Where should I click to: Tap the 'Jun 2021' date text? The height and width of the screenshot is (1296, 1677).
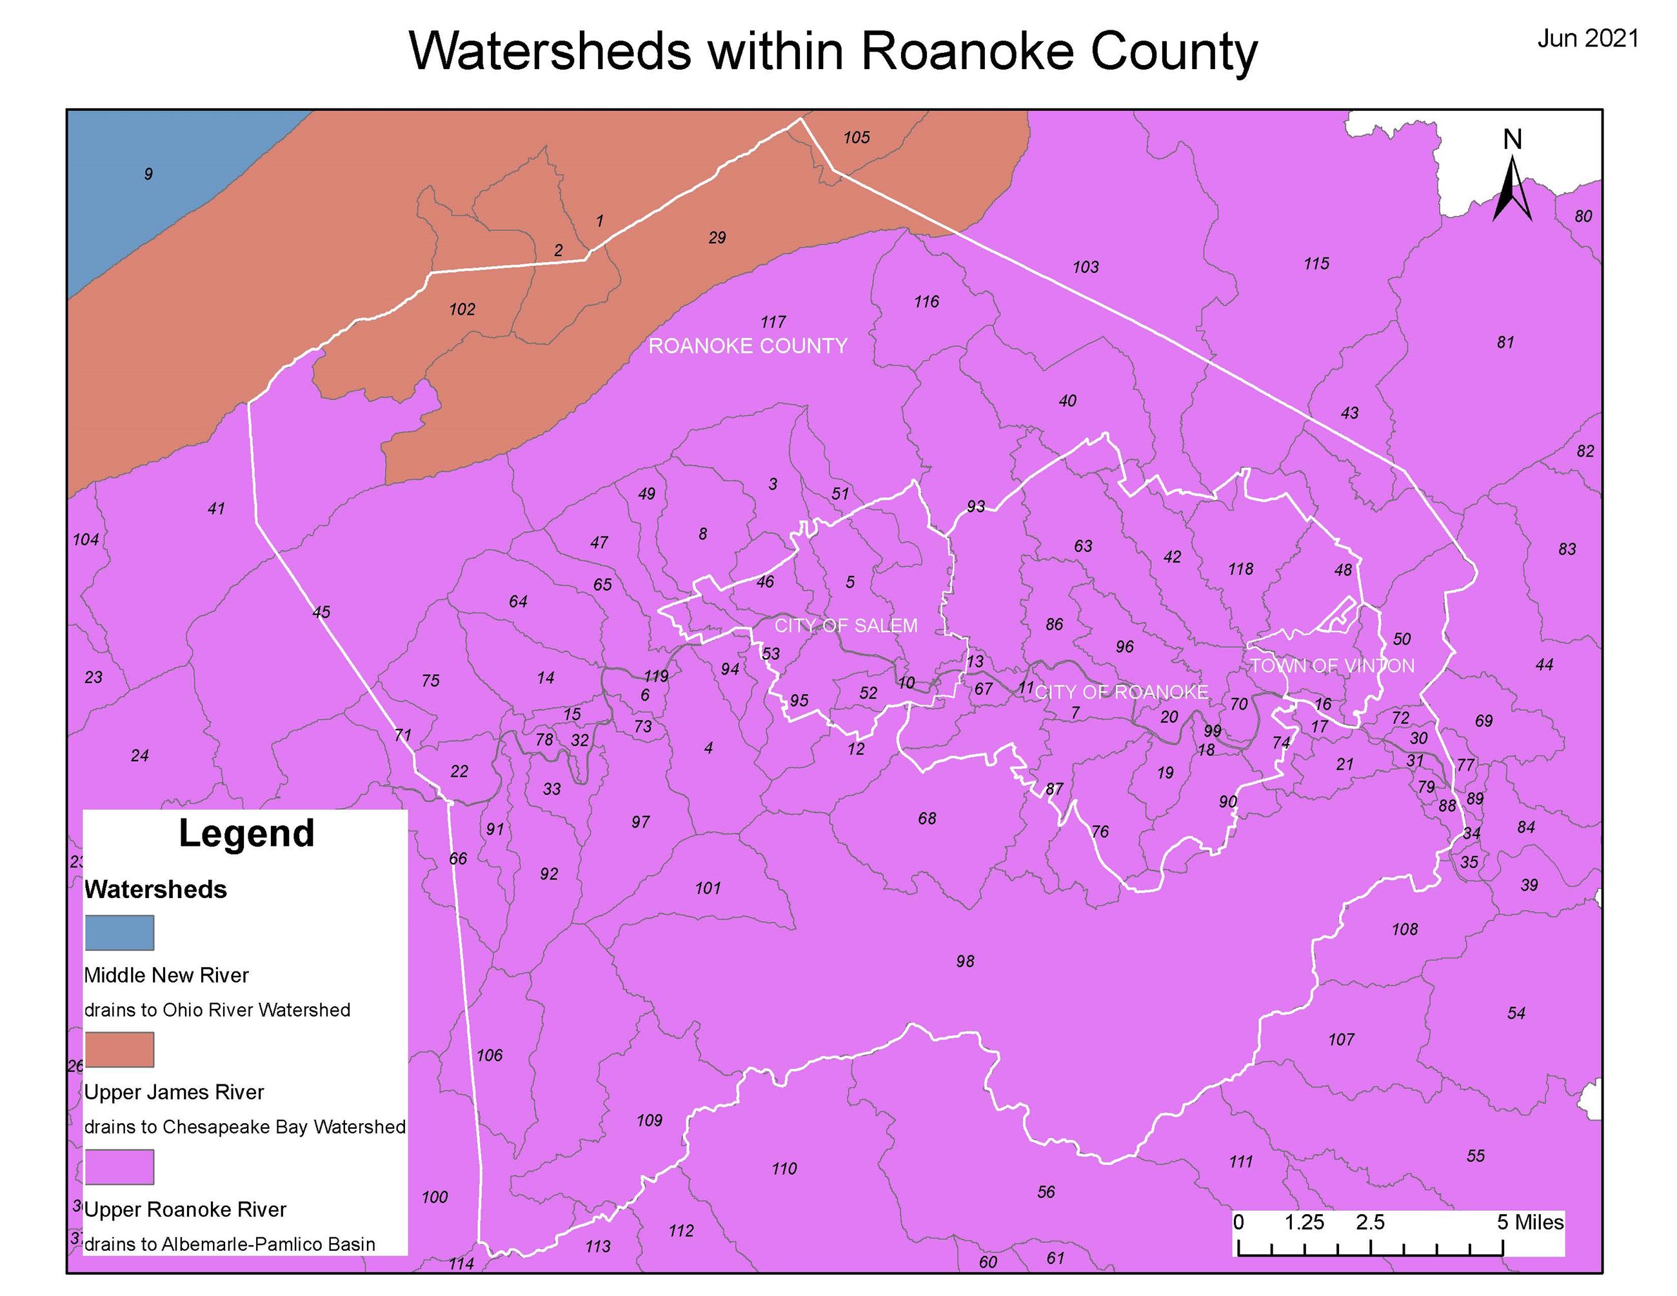coord(1588,39)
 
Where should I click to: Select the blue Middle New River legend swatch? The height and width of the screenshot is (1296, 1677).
coord(119,932)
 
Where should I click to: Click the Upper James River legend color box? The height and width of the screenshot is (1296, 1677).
coord(119,1050)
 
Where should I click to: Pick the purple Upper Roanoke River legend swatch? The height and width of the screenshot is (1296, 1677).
coord(119,1167)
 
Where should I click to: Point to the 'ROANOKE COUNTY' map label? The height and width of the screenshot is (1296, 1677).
coord(748,346)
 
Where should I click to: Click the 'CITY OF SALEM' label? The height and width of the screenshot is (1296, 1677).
coord(846,626)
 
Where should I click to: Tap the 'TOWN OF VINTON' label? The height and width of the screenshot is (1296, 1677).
coord(1332,666)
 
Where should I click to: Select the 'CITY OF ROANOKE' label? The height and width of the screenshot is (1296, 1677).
coord(1121,692)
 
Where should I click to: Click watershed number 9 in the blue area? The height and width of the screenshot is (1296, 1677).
coord(148,174)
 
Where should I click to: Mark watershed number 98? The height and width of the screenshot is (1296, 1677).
coord(965,961)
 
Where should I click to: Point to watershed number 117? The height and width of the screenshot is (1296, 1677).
coord(773,322)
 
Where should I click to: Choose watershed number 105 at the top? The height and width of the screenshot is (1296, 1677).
coord(856,137)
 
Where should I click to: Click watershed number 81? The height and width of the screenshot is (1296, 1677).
coord(1505,343)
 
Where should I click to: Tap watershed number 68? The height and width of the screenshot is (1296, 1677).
coord(927,819)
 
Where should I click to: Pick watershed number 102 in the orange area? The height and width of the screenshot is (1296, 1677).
coord(462,310)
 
